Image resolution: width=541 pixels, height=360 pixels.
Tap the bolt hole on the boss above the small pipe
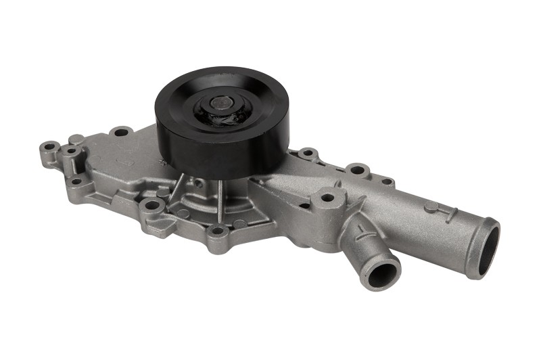pos(327,198)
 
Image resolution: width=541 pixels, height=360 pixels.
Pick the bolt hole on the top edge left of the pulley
pos(121,131)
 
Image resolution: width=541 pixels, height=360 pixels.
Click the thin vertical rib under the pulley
pos(220,196)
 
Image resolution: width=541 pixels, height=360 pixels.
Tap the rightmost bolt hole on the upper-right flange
pos(386,181)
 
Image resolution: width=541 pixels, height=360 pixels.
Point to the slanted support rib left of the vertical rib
pos(174,194)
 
